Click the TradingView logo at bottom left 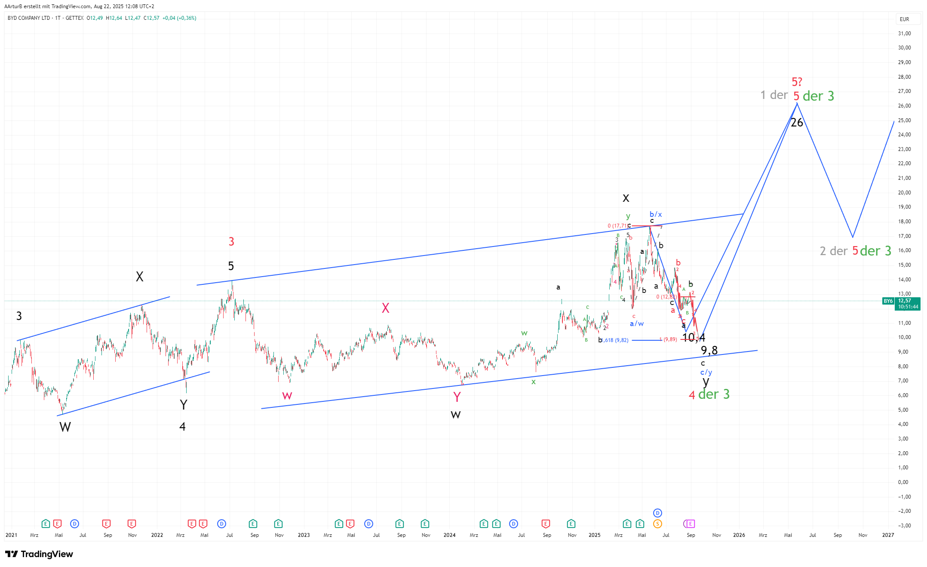tap(39, 554)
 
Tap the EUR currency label tap(904, 19)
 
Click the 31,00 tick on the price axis tap(904, 34)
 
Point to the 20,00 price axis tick tap(904, 193)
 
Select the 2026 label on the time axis tap(739, 535)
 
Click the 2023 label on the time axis tap(304, 535)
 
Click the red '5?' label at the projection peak tap(797, 82)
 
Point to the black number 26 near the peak tap(797, 123)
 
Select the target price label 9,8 tap(709, 351)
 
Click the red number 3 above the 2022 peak tap(231, 242)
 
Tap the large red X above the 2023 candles tap(386, 308)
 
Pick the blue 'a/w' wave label tap(637, 324)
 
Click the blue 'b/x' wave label tap(656, 214)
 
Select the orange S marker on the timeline tap(657, 524)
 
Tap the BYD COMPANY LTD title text tap(29, 18)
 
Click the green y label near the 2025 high tap(628, 216)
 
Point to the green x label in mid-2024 tap(534, 382)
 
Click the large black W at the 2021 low tap(65, 427)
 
